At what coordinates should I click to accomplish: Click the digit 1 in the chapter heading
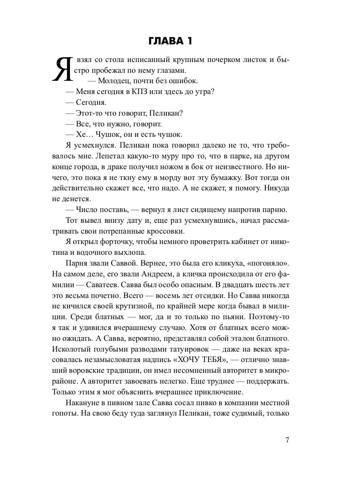click(209, 41)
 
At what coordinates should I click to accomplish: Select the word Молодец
click(112, 81)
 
